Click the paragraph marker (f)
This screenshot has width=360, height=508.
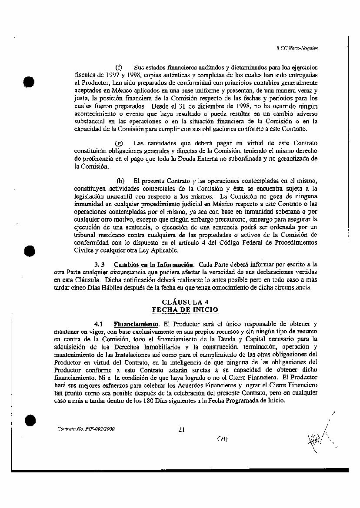(118, 67)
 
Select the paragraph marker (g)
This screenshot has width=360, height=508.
(118, 143)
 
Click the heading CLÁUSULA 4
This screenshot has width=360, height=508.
(184, 302)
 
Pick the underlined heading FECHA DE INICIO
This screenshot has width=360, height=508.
(185, 309)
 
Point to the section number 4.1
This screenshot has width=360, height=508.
(98, 324)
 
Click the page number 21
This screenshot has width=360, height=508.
(182, 430)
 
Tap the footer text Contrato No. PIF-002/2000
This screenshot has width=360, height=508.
(86, 429)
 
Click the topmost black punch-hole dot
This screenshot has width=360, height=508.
(29, 82)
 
